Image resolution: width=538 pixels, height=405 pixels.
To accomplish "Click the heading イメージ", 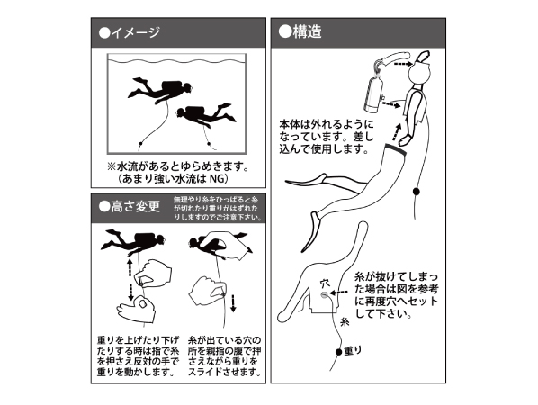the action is coord(135,32).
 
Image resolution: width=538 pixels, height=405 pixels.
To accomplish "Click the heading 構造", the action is coord(307,31).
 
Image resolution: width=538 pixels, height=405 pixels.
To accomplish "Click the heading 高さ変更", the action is coord(135,207).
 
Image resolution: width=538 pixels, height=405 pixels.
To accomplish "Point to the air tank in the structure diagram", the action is coord(373,94).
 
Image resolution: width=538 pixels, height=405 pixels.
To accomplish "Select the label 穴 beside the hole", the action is coord(324,283).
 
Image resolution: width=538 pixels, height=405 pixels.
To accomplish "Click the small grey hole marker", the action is coord(324,294).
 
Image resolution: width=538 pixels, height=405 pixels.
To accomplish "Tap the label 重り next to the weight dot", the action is coord(353,351).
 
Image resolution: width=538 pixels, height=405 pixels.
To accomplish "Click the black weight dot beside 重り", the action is coord(338,351).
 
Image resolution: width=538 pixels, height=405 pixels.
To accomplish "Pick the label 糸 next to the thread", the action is coord(345,322).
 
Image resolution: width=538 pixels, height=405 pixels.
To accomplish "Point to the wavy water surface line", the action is coord(176,61).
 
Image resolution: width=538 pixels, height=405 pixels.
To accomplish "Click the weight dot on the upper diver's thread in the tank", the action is coord(140,143).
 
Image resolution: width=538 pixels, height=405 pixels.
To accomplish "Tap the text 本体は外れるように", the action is coord(327,123).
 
